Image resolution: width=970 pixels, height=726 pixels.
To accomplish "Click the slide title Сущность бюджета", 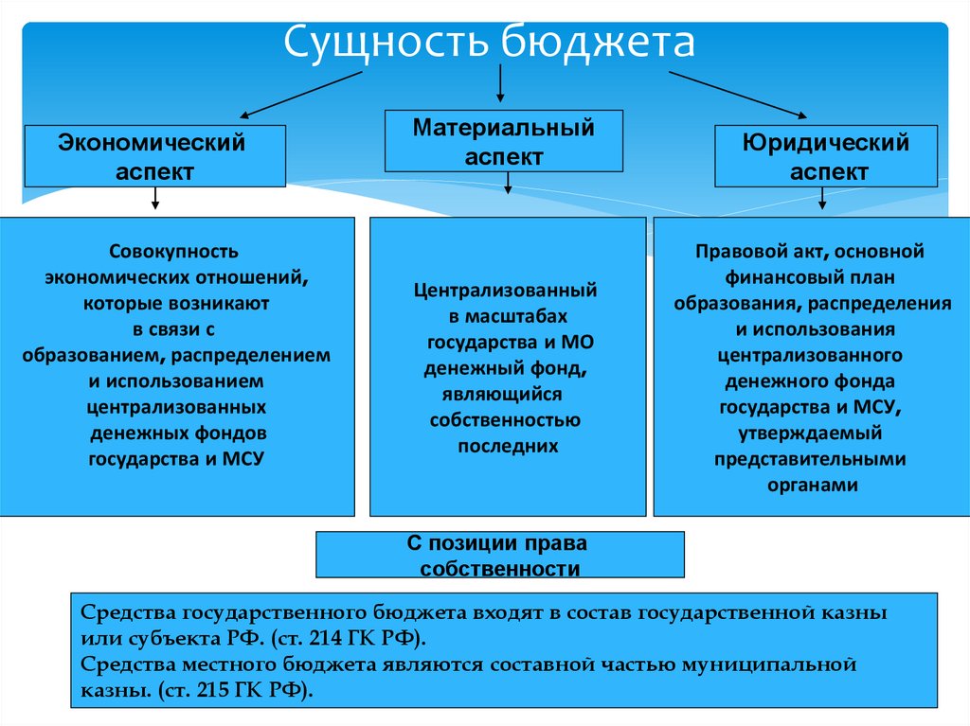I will pos(491,44).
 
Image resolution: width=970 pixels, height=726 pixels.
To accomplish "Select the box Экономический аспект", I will pos(154,157).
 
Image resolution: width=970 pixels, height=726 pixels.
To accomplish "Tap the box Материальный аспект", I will pos(503,142).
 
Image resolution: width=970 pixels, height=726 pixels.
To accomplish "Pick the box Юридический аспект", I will pos(826,157).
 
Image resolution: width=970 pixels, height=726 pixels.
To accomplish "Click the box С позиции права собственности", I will pos(499,556).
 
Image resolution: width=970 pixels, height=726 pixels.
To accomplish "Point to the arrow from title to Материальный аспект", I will pos(501,86).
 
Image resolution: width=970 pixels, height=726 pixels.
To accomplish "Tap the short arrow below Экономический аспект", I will pos(155,199).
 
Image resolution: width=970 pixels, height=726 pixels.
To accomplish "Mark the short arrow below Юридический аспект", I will pos(822,199).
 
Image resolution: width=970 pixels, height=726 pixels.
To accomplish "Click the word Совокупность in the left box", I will pos(174,253).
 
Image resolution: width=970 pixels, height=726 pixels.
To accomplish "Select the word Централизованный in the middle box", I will pos(505,290).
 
